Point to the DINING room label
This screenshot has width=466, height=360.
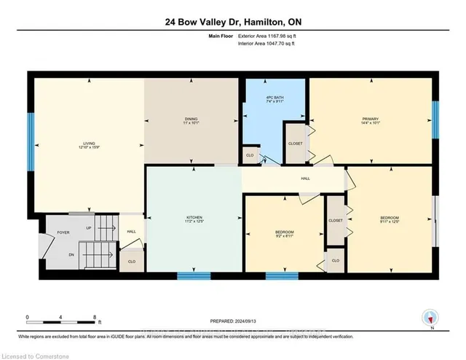pyautogui.click(x=191, y=121)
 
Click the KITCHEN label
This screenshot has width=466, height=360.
pyautogui.click(x=194, y=218)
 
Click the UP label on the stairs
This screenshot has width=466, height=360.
pyautogui.click(x=90, y=228)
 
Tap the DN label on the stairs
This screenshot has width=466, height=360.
pyautogui.click(x=71, y=254)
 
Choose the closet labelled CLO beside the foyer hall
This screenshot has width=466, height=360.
pyautogui.click(x=131, y=261)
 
